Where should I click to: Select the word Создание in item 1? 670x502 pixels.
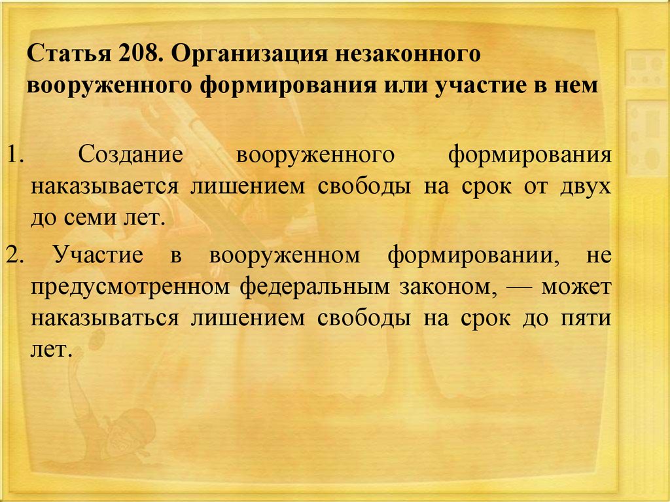tap(131, 154)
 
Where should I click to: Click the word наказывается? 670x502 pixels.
tap(105, 188)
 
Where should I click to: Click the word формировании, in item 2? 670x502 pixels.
tap(474, 256)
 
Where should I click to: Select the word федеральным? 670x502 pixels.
tap(315, 287)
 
